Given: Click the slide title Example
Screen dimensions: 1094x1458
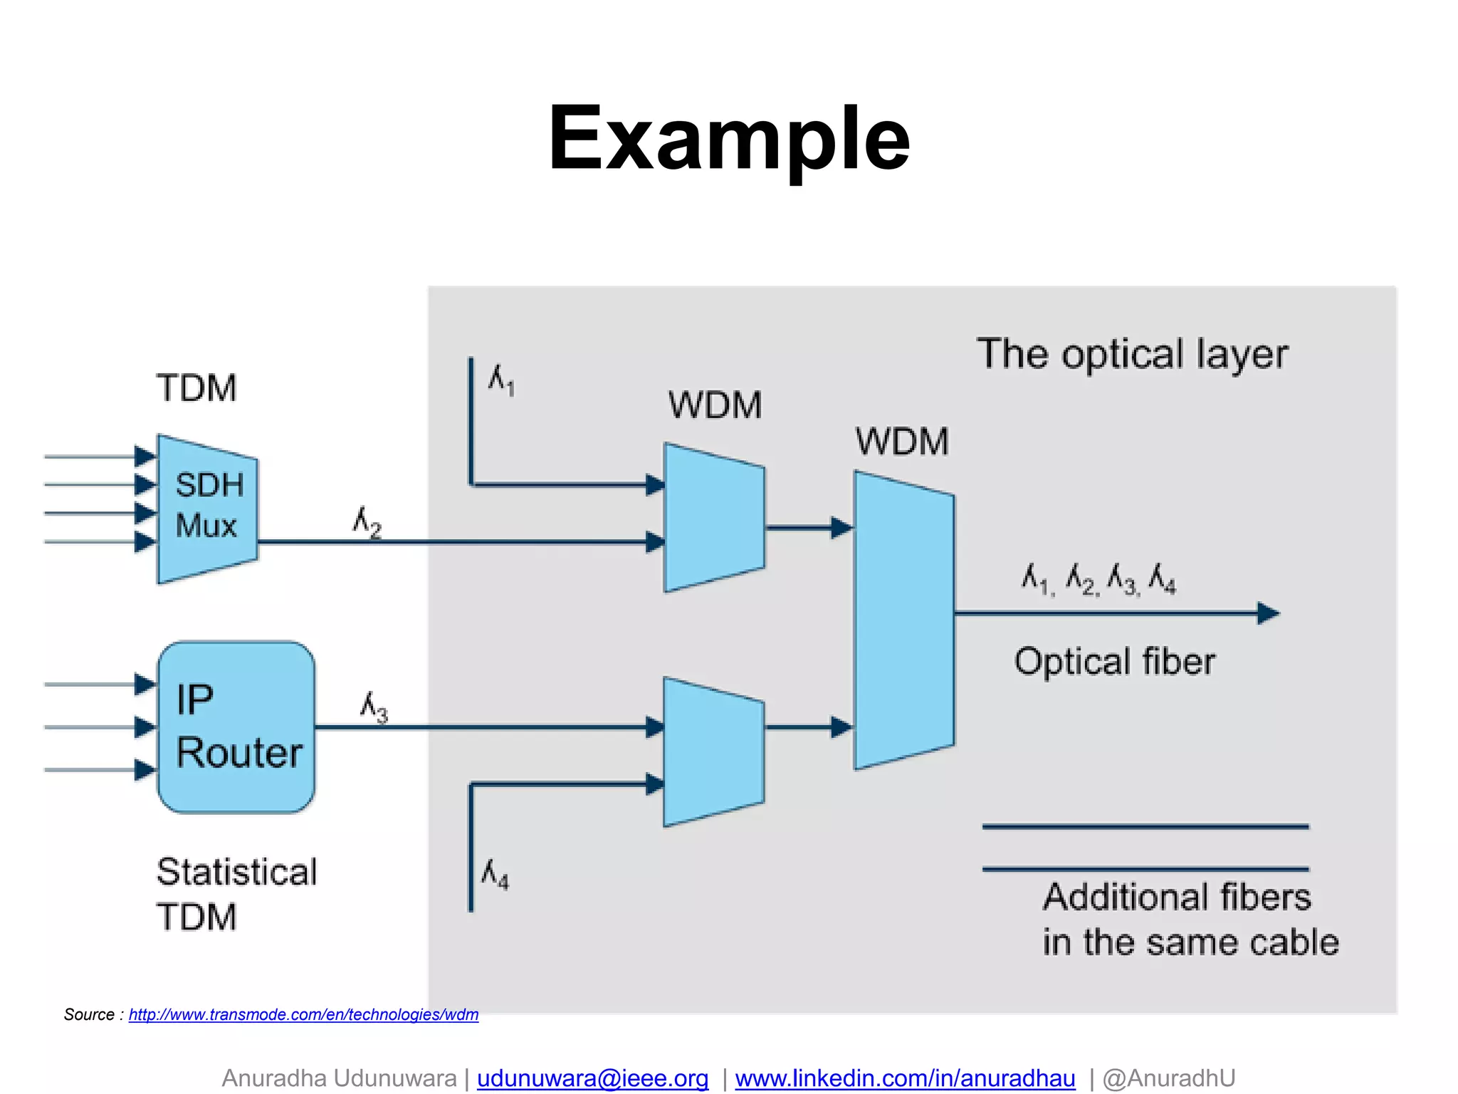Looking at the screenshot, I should (728, 139).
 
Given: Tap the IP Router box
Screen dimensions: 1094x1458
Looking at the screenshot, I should (236, 726).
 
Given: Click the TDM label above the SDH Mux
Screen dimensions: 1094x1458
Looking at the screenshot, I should (196, 388).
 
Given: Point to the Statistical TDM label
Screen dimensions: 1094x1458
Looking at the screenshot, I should (236, 894).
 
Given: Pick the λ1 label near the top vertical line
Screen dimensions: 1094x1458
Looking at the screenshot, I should (501, 380).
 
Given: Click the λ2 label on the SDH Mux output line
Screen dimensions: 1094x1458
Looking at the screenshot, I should (367, 522).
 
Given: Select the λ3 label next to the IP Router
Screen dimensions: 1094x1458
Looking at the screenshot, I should (374, 707).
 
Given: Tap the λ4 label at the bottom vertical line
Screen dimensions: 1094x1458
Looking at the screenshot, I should (495, 875).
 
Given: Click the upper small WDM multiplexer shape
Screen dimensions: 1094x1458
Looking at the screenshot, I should (714, 518).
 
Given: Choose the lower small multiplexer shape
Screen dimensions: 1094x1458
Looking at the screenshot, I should (713, 751).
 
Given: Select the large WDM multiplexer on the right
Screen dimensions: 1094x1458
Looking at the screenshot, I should (903, 620).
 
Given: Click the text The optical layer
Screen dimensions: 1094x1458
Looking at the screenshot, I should (1132, 354).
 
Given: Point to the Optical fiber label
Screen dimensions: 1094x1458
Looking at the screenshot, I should (1114, 662).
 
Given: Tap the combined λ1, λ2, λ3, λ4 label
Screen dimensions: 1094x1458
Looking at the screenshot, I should (1098, 579).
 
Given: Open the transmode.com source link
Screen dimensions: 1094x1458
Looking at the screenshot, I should (303, 1014).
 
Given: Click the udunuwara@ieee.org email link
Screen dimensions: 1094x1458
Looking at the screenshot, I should (592, 1078).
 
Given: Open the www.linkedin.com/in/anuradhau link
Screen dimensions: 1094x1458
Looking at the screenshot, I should (905, 1078).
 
